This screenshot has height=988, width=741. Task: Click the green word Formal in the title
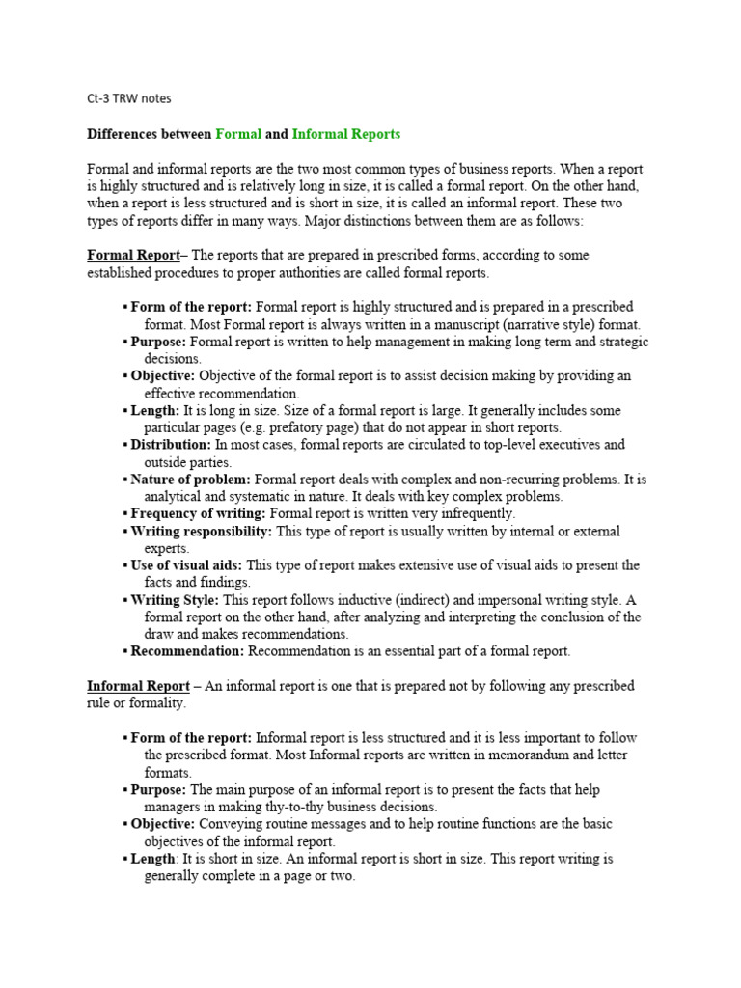tap(238, 134)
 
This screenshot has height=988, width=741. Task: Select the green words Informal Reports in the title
tap(345, 134)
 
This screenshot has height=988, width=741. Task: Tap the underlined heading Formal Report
tap(133, 255)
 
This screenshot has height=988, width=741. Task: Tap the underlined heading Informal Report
tap(138, 686)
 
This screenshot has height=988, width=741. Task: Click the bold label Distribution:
tap(171, 445)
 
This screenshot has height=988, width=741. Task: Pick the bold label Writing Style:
tap(175, 600)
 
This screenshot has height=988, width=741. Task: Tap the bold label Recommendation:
tap(187, 651)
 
